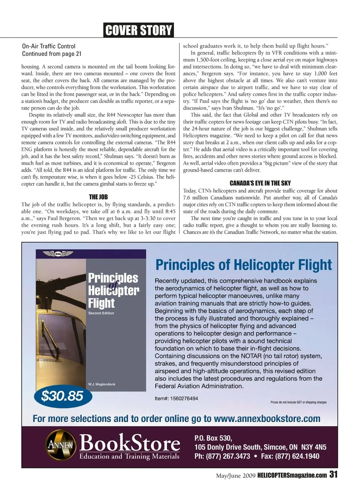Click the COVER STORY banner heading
click(138, 30)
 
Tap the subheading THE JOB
click(98, 197)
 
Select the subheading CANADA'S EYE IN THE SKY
click(260, 183)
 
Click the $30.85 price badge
click(62, 396)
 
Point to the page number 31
click(333, 474)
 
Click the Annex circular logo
click(61, 445)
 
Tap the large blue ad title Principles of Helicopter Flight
click(243, 265)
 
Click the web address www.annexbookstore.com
click(267, 419)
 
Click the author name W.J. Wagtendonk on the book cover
click(102, 384)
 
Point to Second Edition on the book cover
click(101, 313)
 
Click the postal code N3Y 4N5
click(313, 447)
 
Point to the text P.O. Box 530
click(213, 438)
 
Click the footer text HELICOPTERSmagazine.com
click(292, 476)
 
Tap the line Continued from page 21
click(52, 54)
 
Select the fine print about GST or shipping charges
click(298, 402)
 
